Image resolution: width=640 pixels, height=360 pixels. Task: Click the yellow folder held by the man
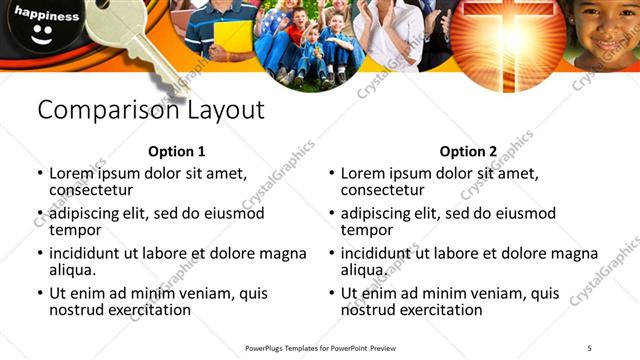(232, 37)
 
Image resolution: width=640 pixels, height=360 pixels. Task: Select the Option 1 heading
(177, 152)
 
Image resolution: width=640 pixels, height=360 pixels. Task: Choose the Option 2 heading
(468, 152)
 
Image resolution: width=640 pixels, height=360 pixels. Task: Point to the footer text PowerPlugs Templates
(290, 347)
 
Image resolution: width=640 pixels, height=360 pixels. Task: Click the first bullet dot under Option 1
(39, 173)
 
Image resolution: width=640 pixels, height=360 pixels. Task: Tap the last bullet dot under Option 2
(331, 294)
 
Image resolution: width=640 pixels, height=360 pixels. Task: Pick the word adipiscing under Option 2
(379, 213)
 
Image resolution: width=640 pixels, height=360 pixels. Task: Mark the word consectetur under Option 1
(91, 189)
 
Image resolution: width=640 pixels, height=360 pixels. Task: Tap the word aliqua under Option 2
(364, 270)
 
